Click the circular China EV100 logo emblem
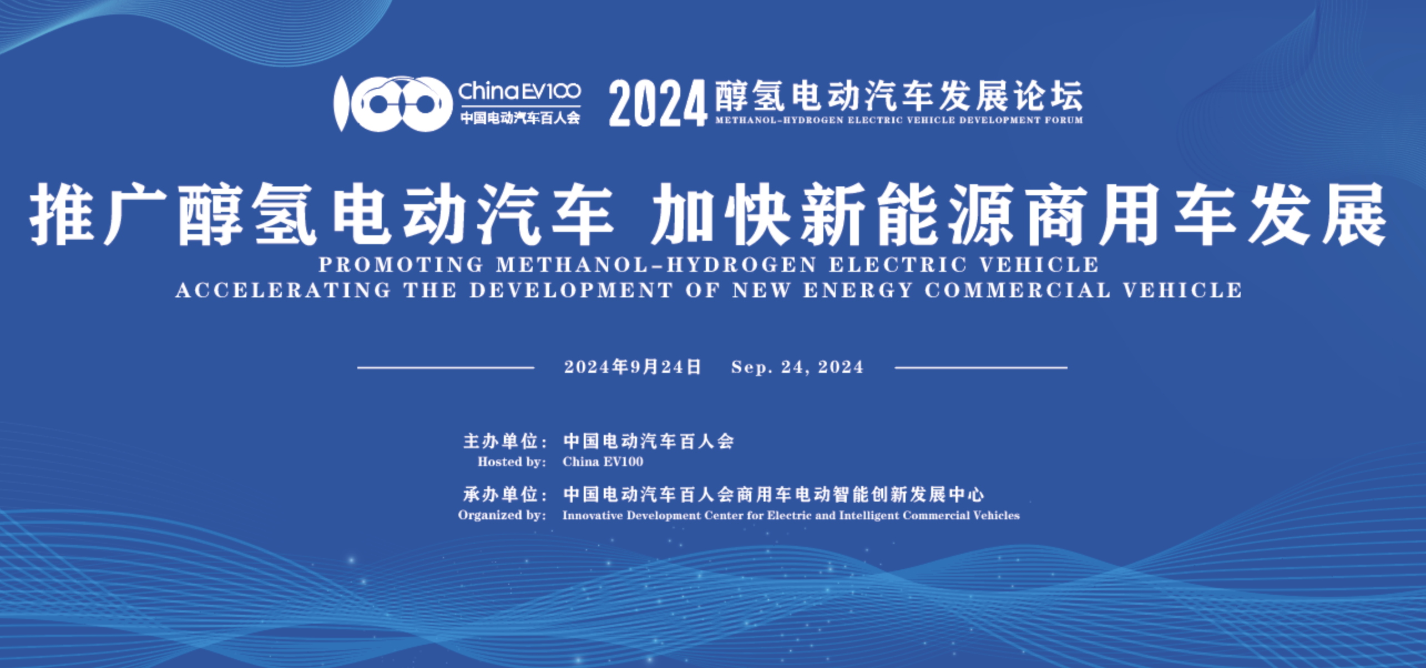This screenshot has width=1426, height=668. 392,104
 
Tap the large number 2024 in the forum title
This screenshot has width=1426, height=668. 658,103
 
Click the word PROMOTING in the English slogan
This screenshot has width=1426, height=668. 401,265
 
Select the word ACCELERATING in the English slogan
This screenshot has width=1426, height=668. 283,290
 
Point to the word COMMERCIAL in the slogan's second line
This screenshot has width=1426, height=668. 1018,290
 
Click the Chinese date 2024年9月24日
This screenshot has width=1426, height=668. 633,367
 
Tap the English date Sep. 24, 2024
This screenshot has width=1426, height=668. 797,367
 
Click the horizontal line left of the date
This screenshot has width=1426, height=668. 446,367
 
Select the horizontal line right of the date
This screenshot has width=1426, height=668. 981,367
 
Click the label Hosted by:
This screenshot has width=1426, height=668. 512,462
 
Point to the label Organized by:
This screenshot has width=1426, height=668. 502,515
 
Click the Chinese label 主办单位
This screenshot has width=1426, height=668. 501,442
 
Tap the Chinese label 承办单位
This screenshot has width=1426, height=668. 501,494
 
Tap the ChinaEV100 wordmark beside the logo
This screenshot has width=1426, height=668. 519,91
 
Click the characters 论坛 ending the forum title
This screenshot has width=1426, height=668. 1048,96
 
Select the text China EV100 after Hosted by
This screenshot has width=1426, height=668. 603,462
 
